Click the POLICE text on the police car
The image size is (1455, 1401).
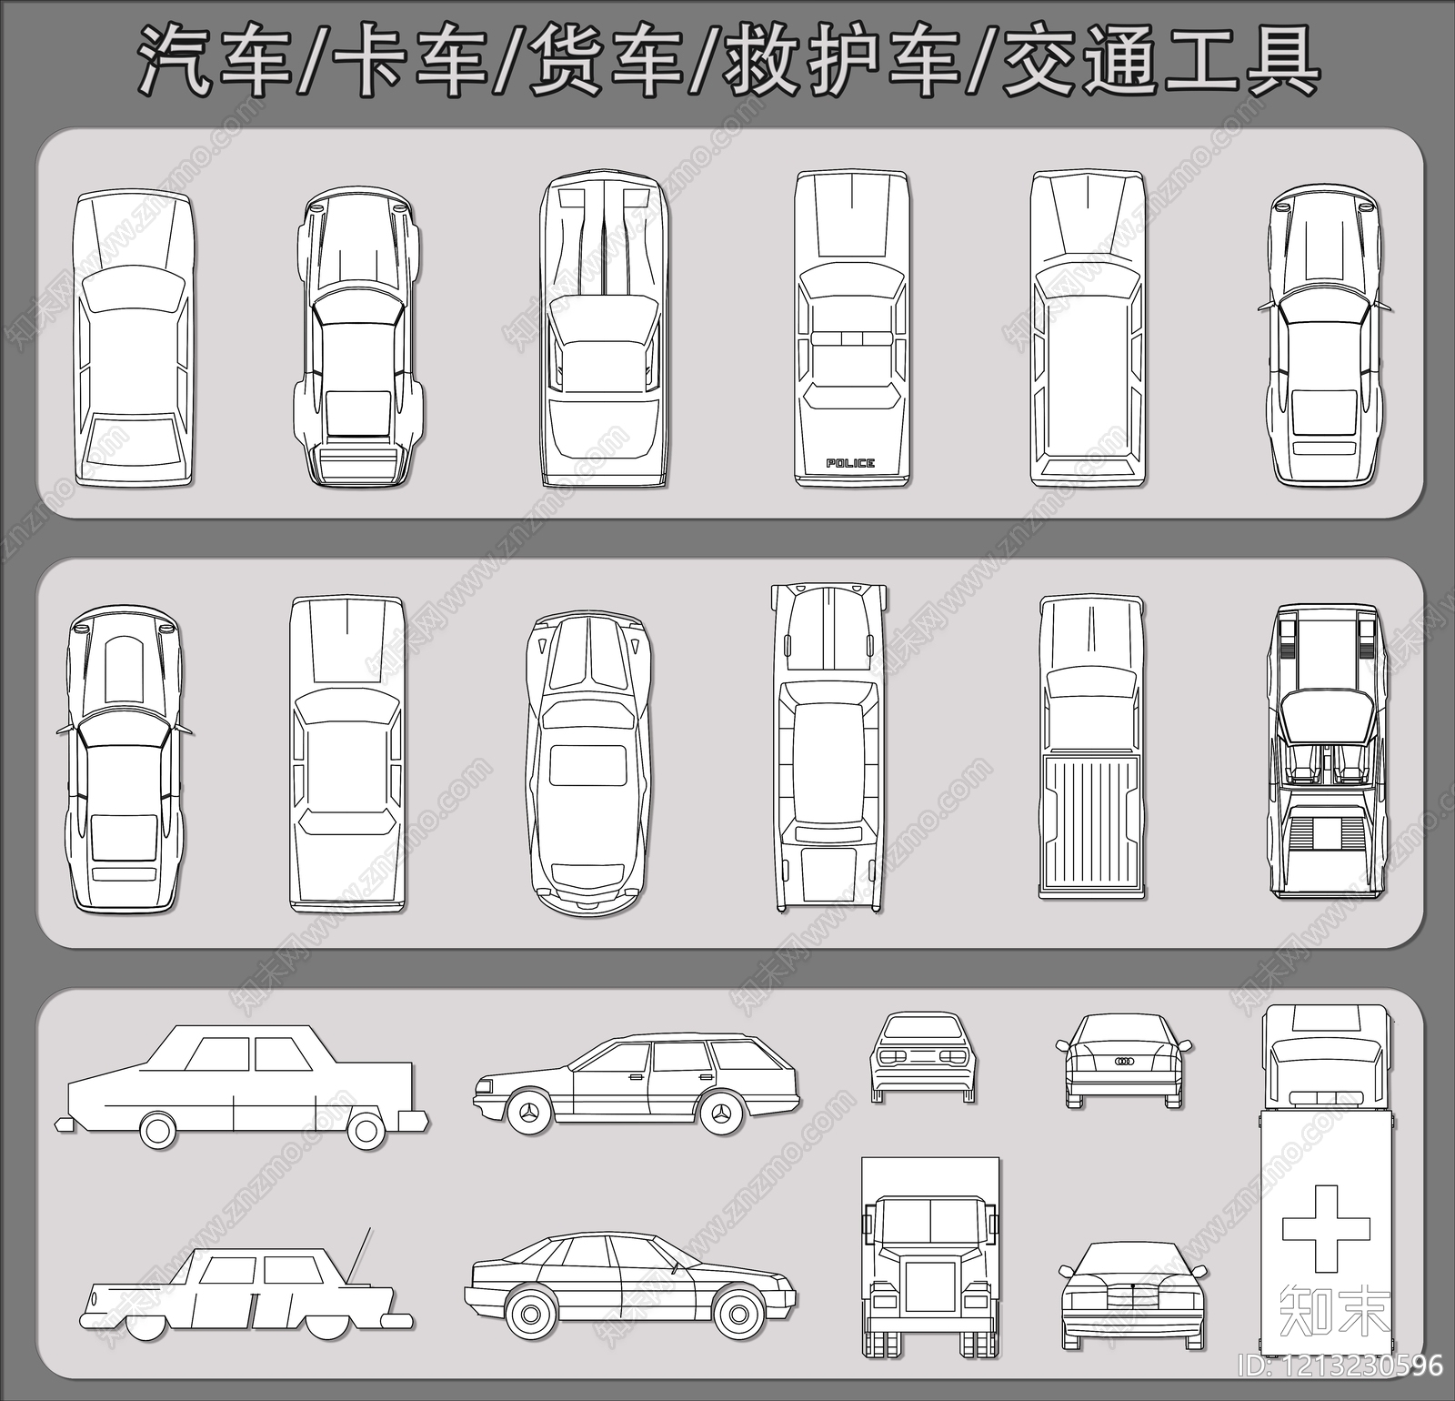pyautogui.click(x=850, y=463)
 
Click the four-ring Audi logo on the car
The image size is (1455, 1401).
pyautogui.click(x=1125, y=1062)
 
